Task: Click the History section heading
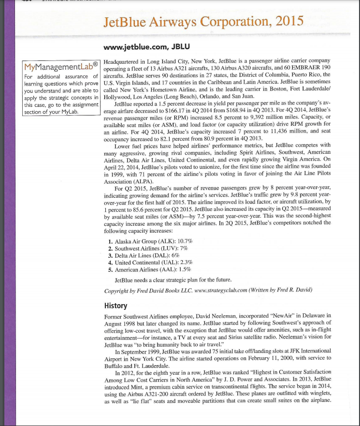[x=115, y=306]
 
